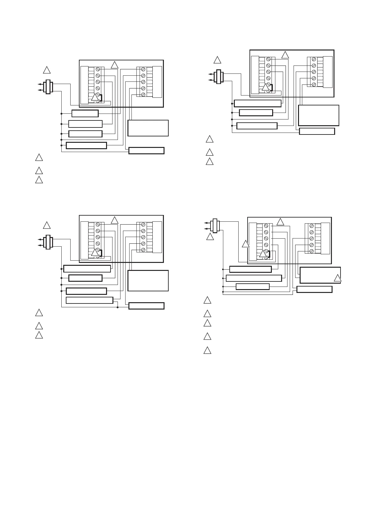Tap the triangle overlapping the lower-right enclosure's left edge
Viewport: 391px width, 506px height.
[x=245, y=244]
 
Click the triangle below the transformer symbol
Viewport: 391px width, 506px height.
[x=210, y=237]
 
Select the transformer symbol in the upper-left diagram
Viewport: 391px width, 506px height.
[x=48, y=87]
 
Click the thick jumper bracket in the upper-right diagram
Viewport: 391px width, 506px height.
[x=271, y=87]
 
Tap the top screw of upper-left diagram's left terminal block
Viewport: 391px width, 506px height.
[x=98, y=69]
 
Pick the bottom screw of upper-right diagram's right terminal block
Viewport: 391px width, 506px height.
[x=314, y=84]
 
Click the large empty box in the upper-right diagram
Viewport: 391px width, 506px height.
[x=318, y=115]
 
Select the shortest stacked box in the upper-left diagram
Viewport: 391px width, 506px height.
[x=85, y=113]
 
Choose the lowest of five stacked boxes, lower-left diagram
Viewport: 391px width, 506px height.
[x=89, y=300]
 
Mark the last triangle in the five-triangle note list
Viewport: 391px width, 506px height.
[x=207, y=350]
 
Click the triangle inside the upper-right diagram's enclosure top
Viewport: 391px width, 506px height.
[x=285, y=55]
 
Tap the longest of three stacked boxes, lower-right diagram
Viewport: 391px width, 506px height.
[x=254, y=278]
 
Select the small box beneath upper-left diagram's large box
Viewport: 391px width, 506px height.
[x=146, y=150]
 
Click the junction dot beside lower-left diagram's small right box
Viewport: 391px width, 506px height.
[x=118, y=307]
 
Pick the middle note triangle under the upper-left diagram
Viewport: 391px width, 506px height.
[x=39, y=170]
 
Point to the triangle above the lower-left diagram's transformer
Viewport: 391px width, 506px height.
[x=47, y=225]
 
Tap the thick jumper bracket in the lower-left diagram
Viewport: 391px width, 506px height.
[x=101, y=253]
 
